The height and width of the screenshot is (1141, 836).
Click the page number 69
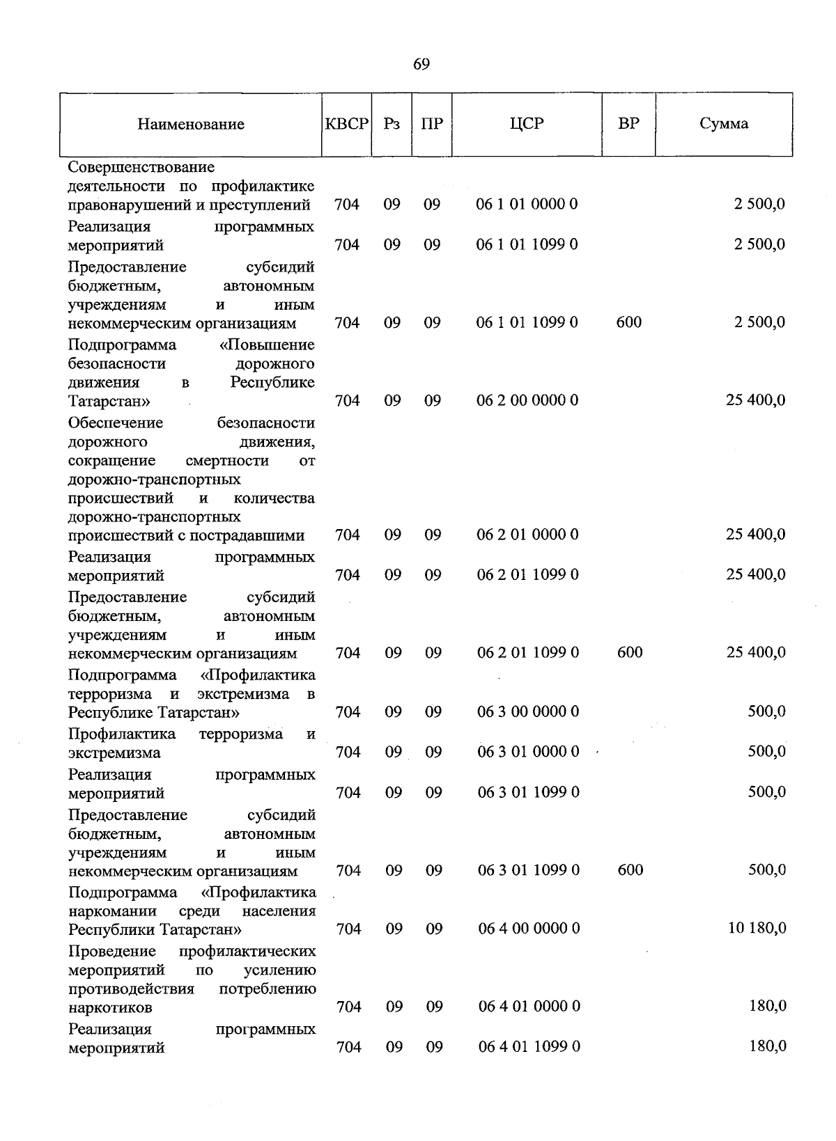(421, 65)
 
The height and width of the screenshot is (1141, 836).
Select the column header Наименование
(191, 125)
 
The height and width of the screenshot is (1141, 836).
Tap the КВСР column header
(346, 124)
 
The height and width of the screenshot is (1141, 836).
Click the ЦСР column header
(527, 124)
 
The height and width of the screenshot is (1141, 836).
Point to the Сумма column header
(724, 124)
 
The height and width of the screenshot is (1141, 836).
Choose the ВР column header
(628, 124)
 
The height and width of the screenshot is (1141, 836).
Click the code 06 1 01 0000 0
(527, 204)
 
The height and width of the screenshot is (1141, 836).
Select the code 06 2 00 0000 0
(527, 400)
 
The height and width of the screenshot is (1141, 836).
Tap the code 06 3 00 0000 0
(528, 711)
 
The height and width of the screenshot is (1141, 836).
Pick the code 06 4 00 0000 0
(529, 929)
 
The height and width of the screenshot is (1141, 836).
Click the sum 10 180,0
(757, 928)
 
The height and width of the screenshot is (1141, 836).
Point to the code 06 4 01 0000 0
(529, 1007)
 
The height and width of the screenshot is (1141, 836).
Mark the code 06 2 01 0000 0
(527, 535)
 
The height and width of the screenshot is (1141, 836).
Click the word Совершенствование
(141, 168)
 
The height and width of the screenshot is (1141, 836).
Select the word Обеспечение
(116, 423)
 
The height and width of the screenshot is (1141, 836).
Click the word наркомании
(113, 911)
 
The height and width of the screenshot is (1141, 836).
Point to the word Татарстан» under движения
(109, 402)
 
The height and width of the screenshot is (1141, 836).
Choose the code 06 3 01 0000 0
(528, 752)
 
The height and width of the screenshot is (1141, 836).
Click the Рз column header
(392, 124)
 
